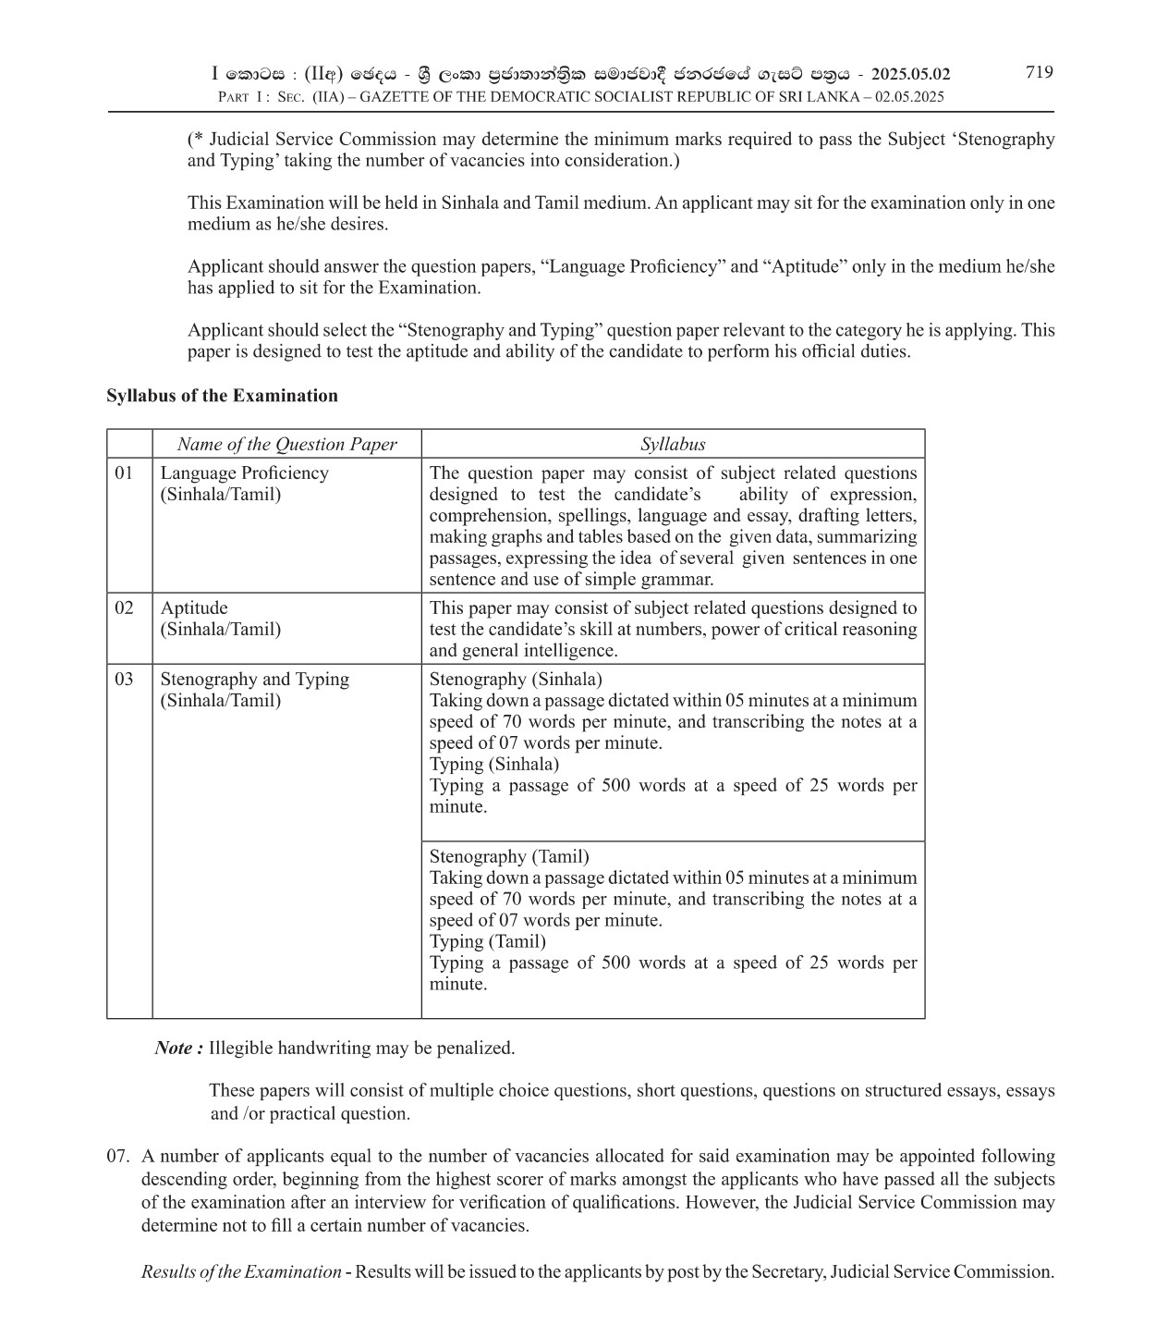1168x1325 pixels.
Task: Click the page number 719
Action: point(1039,72)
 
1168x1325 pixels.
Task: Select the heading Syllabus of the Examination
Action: point(222,396)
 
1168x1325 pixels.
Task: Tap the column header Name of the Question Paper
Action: point(286,444)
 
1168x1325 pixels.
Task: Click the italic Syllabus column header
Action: point(673,444)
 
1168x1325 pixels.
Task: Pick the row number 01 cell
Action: point(124,473)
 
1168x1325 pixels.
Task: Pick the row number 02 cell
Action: point(124,608)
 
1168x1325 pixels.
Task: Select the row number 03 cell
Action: point(124,680)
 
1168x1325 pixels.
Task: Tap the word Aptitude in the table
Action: point(194,608)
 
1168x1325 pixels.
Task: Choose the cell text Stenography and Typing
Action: point(255,680)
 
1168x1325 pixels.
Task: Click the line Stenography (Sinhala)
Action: point(516,680)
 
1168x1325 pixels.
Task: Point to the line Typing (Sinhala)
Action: point(494,765)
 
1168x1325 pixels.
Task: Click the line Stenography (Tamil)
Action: point(509,857)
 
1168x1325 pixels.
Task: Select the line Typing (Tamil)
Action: point(488,942)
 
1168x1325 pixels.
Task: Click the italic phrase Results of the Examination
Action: point(241,1272)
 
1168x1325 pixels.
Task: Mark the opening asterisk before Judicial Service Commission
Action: point(198,139)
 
